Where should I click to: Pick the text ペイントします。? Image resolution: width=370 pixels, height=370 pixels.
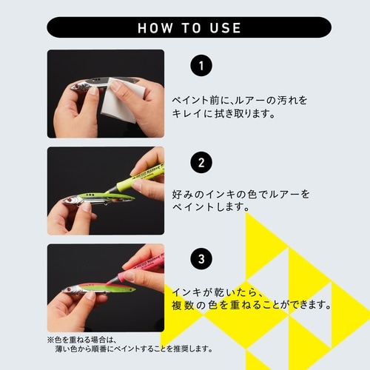click(208, 209)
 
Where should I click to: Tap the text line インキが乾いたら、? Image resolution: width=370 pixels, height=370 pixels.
click(218, 290)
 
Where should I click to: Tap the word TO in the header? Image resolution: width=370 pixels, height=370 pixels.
click(190, 28)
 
